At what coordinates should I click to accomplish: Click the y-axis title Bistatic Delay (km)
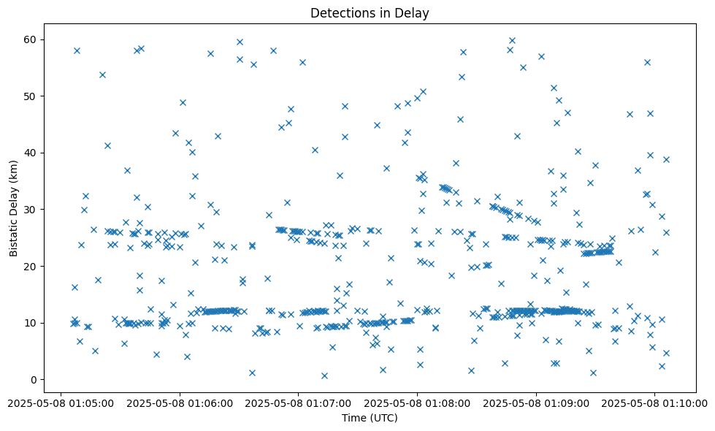[15, 198]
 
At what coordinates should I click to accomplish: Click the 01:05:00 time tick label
[61, 403]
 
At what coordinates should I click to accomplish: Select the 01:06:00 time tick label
[180, 403]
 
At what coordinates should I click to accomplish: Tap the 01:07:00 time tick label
[299, 403]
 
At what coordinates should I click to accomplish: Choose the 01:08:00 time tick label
[418, 403]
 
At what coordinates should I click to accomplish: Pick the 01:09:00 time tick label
[536, 403]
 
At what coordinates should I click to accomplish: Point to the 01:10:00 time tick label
[655, 403]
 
